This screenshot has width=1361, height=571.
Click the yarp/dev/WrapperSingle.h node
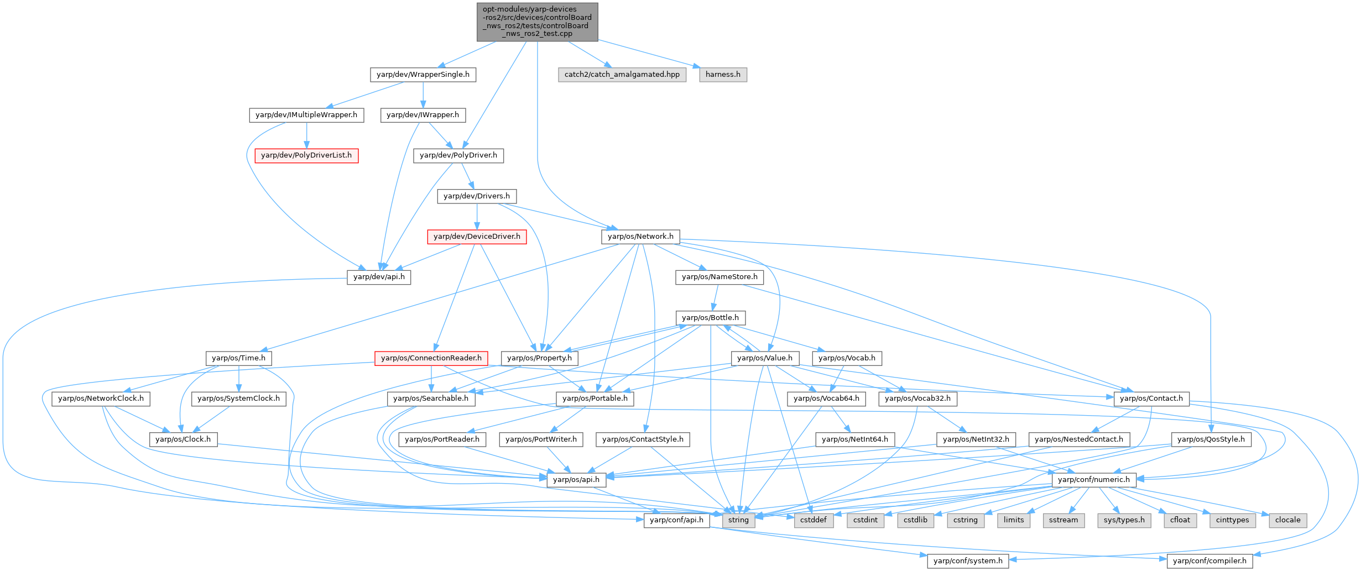tap(423, 75)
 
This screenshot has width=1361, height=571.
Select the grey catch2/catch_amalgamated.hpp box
tap(622, 75)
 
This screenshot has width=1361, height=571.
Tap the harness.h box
tap(723, 75)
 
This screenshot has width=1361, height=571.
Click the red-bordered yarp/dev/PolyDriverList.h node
tap(306, 155)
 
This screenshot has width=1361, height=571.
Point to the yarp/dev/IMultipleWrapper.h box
tap(306, 115)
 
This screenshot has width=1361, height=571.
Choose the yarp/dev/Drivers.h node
tap(477, 196)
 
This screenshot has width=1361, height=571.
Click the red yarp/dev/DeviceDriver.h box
tap(477, 237)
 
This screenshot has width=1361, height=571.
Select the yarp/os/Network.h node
tap(640, 237)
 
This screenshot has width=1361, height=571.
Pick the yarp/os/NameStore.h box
tap(719, 277)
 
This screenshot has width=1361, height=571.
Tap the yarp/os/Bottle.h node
tap(710, 318)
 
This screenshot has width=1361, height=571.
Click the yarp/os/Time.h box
tap(238, 358)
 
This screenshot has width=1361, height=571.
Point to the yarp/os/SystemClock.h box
tap(238, 399)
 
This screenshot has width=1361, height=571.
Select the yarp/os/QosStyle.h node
tap(1211, 439)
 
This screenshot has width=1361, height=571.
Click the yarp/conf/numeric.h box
tap(1093, 480)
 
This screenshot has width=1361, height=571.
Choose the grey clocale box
tap(1287, 520)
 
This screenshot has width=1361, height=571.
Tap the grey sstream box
tap(1063, 520)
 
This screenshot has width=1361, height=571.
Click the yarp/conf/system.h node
tap(968, 561)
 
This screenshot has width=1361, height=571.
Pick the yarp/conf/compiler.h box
tap(1209, 561)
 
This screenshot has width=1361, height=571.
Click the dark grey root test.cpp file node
tap(538, 22)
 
